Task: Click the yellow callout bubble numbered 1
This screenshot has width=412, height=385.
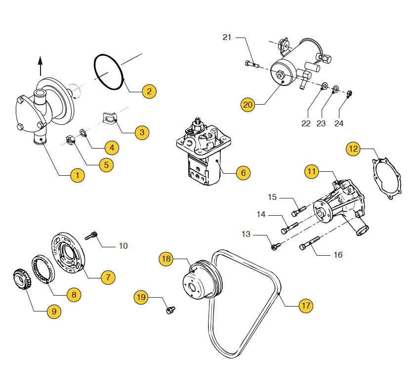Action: coord(77,175)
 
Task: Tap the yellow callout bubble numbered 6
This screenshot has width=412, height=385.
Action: coord(243,173)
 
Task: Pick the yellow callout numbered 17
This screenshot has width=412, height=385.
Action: coord(306,306)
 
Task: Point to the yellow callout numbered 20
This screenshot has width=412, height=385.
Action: coord(248,105)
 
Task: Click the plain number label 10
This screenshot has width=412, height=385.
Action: coord(123,245)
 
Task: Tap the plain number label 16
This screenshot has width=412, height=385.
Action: coord(338,255)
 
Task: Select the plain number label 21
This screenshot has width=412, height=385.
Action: coord(227,37)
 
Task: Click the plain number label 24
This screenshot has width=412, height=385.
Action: coord(339,123)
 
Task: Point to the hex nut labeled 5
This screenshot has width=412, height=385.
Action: coord(71,140)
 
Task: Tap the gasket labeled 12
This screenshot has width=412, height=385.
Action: coord(388,178)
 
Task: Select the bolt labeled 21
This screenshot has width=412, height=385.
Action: coord(250,63)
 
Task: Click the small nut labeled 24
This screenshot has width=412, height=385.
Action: coord(350,92)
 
